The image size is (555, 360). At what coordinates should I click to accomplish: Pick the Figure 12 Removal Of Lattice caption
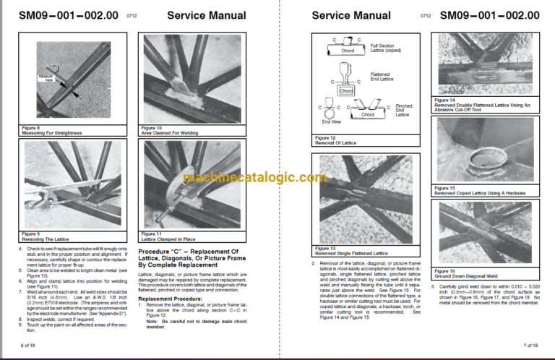click(x=332, y=140)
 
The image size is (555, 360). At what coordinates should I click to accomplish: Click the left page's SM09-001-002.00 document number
click(x=62, y=15)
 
